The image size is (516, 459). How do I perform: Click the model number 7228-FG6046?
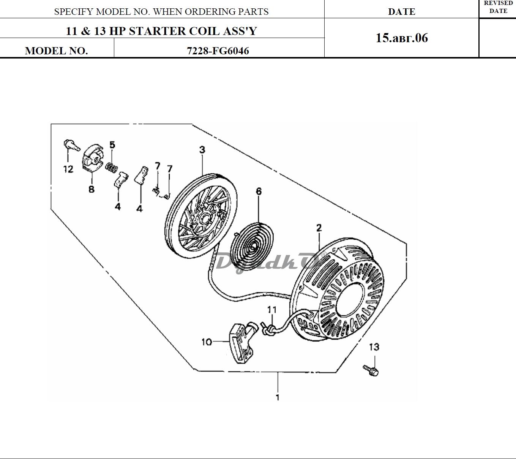tap(218, 51)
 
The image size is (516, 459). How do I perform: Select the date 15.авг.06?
tap(402, 38)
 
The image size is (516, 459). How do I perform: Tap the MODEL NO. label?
tap(56, 51)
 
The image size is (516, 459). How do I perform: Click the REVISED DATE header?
tap(498, 7)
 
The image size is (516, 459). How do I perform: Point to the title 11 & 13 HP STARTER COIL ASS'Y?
tap(161, 31)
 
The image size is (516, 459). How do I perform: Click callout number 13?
tap(374, 347)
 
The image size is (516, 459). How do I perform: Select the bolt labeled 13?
tap(371, 370)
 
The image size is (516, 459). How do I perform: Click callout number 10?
tap(207, 342)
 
